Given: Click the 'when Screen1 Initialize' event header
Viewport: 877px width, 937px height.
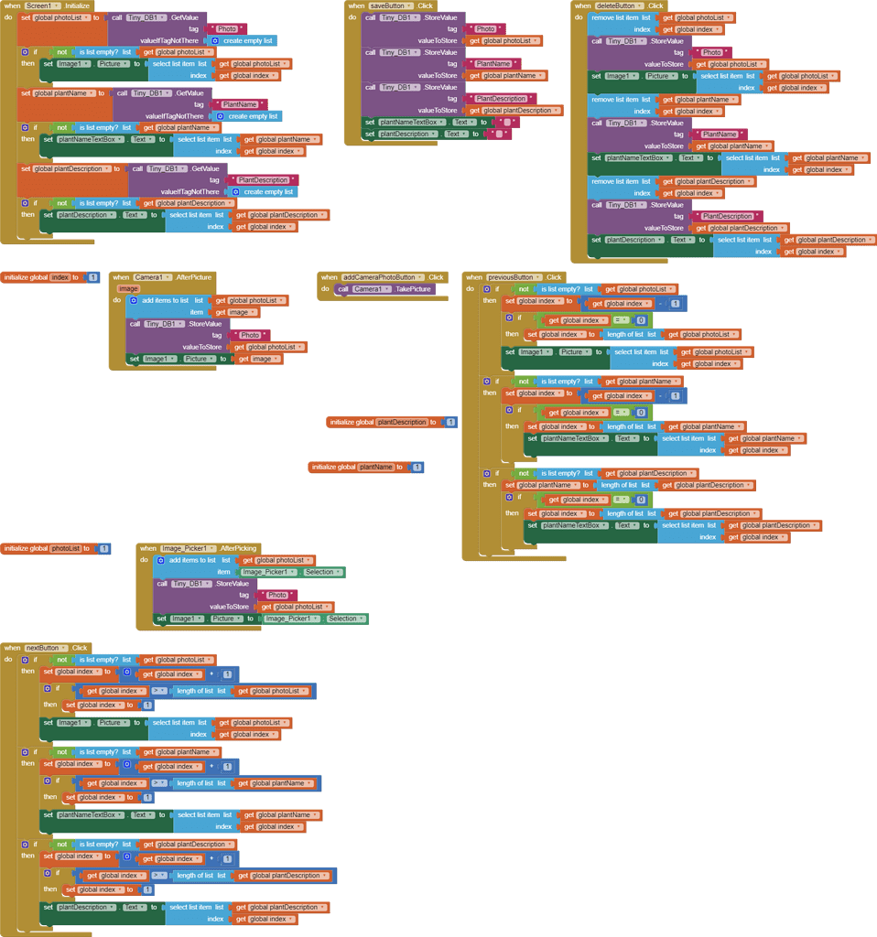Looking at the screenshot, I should pyautogui.click(x=46, y=5).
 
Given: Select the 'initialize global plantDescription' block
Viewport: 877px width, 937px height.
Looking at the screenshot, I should pyautogui.click(x=384, y=422).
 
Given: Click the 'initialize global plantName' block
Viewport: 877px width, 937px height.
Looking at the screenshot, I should pyautogui.click(x=352, y=467).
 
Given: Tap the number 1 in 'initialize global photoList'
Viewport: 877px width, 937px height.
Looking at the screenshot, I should pyautogui.click(x=104, y=549).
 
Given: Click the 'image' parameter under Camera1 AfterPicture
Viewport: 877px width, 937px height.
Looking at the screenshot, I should pyautogui.click(x=128, y=288).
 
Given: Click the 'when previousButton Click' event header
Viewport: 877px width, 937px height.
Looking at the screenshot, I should pyautogui.click(x=514, y=277).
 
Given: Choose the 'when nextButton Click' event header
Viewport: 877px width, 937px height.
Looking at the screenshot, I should pyautogui.click(x=46, y=648).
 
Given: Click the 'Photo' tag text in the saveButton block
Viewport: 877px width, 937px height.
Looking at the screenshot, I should pyautogui.click(x=486, y=29).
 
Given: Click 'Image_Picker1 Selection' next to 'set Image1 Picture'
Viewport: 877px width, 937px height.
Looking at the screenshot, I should pyautogui.click(x=316, y=619).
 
